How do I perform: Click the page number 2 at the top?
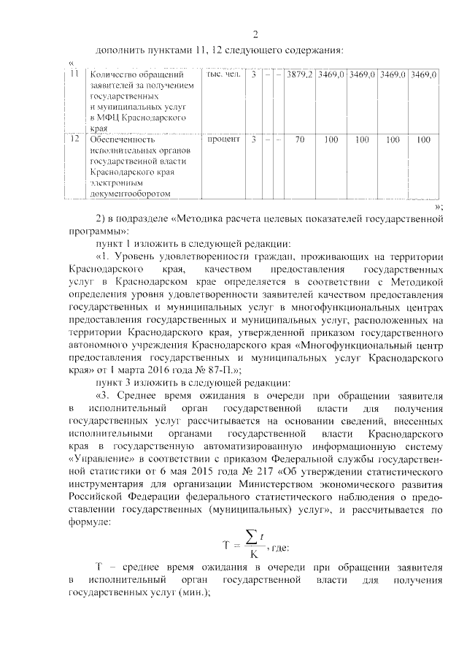pos(255,34)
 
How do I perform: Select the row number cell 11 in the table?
pos(74,74)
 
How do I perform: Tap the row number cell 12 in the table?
pos(74,138)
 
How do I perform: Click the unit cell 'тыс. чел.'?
pos(223,74)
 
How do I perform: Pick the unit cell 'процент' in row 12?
pos(223,138)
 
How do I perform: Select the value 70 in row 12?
pos(299,138)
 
